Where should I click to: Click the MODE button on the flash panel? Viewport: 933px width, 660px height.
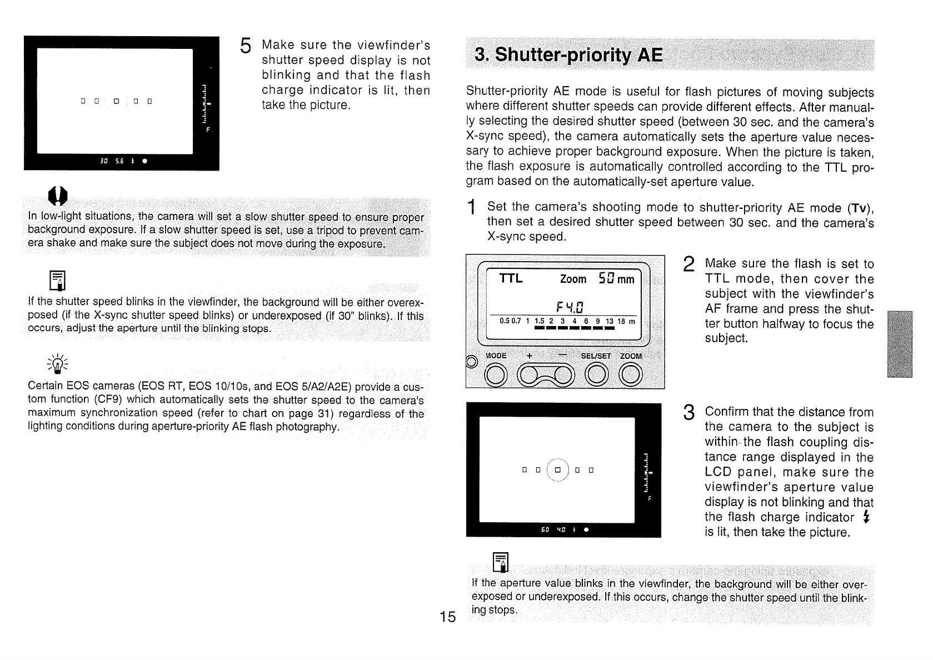pyautogui.click(x=496, y=376)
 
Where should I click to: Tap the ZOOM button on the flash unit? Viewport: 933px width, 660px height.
pyautogui.click(x=631, y=376)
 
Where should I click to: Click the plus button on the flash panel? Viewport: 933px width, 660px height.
pyautogui.click(x=530, y=376)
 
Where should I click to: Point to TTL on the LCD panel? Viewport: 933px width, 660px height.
pyautogui.click(x=511, y=278)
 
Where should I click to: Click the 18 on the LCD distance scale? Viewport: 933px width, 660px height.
pyautogui.click(x=621, y=321)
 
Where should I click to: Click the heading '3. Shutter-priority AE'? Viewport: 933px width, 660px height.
pyautogui.click(x=568, y=56)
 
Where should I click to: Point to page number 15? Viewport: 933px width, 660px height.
pyautogui.click(x=447, y=617)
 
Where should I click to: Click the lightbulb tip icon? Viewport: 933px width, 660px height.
pyautogui.click(x=58, y=364)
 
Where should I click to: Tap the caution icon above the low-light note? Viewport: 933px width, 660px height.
pyautogui.click(x=58, y=195)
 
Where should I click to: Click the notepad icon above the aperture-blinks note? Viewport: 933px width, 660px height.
pyautogui.click(x=500, y=562)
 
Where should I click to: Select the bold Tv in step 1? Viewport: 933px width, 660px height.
pyautogui.click(x=859, y=208)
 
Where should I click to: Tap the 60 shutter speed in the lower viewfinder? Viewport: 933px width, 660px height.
pyautogui.click(x=546, y=530)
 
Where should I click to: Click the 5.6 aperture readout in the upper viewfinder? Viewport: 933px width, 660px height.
pyautogui.click(x=119, y=162)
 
